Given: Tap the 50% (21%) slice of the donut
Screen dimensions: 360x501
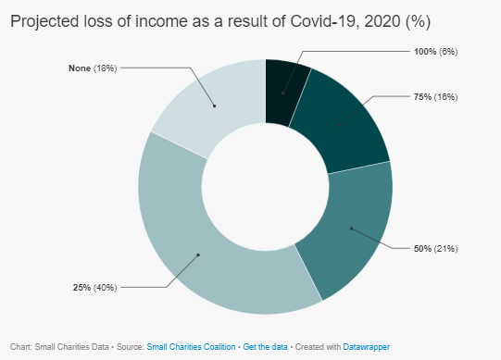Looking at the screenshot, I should [x=352, y=227].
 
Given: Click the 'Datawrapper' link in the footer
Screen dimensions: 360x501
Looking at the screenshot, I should [x=366, y=346].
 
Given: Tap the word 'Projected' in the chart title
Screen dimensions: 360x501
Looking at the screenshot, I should [x=44, y=20].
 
